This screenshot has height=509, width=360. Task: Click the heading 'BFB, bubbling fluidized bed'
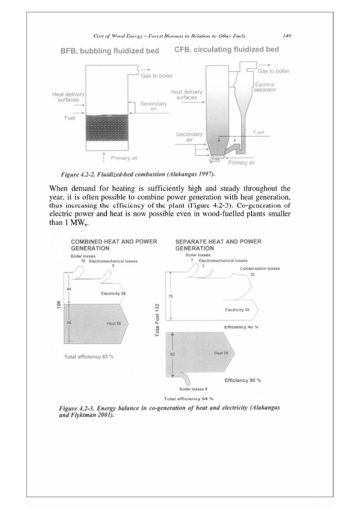coord(109,51)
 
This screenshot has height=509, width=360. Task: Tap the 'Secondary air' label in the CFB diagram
coord(189,137)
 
